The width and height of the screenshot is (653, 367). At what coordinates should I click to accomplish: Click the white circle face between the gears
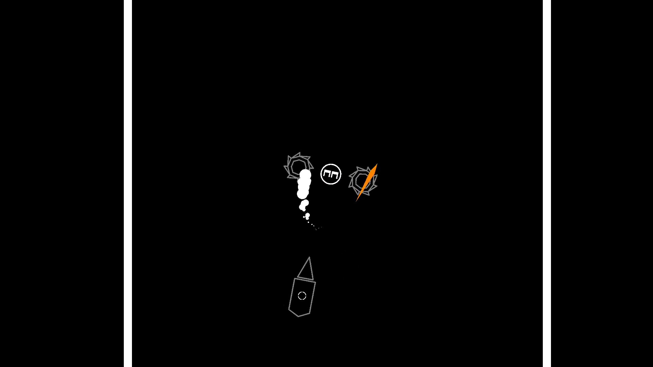pos(331,174)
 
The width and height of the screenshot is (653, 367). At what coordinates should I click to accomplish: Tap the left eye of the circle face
pos(326,175)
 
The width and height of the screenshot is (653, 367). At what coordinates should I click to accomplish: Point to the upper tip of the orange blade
pos(377,164)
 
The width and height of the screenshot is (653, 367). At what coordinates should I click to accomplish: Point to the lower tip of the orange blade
pos(356,201)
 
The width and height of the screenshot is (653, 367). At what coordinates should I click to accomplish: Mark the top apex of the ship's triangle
pos(309,257)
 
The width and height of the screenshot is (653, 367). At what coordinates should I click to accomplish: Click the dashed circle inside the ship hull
pos(302,296)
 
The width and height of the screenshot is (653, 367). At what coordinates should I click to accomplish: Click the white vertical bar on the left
pos(128,183)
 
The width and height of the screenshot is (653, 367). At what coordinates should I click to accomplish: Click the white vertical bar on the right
pos(547,183)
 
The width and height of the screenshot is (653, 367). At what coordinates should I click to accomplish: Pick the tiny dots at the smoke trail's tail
pos(315,227)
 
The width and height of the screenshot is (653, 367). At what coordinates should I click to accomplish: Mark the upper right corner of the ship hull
pos(315,282)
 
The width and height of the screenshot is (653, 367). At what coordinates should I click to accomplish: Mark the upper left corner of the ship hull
pos(295,279)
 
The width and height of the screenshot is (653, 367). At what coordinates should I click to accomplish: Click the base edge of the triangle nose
pos(305,278)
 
